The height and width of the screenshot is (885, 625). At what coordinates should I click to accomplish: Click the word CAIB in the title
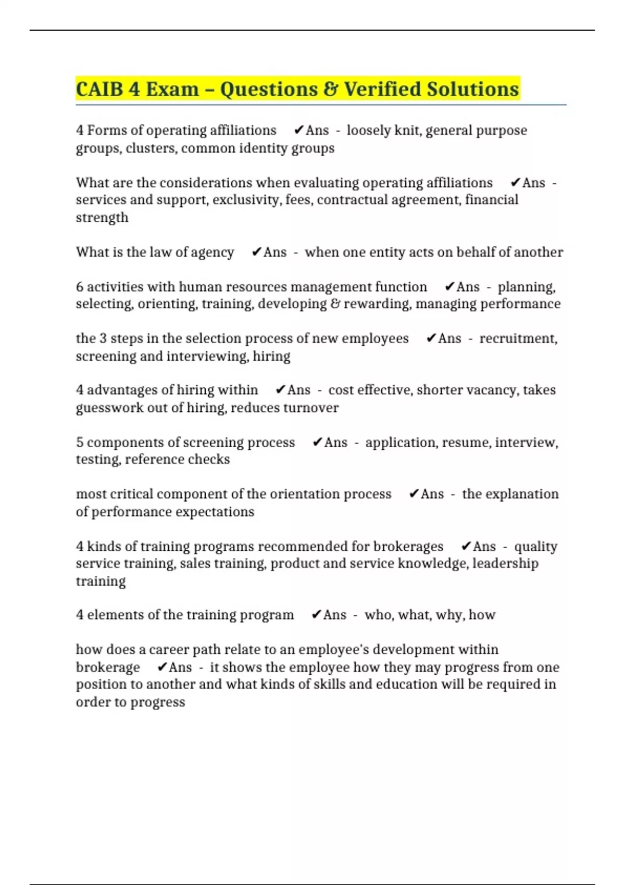pyautogui.click(x=100, y=89)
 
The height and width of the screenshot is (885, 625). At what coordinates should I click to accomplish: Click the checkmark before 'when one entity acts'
pyautogui.click(x=256, y=252)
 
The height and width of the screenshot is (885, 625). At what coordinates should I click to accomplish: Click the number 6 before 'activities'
pyautogui.click(x=80, y=287)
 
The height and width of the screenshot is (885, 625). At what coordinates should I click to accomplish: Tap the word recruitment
pyautogui.click(x=518, y=338)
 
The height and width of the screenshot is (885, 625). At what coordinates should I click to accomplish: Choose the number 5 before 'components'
pyautogui.click(x=80, y=443)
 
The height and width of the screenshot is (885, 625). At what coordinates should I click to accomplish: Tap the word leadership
pyautogui.click(x=505, y=563)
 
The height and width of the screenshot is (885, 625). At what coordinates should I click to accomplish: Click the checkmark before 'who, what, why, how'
pyautogui.click(x=316, y=615)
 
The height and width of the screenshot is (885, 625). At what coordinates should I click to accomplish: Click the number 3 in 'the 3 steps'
pyautogui.click(x=103, y=338)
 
